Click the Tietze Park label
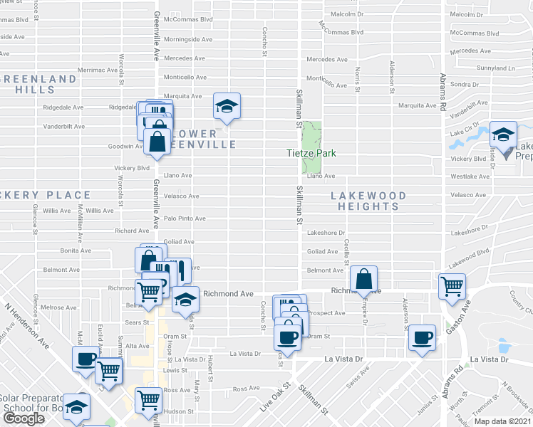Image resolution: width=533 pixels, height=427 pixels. pyautogui.click(x=311, y=153)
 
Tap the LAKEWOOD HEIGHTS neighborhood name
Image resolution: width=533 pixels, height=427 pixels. pyautogui.click(x=368, y=201)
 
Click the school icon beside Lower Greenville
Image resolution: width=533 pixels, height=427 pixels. pyautogui.click(x=227, y=107)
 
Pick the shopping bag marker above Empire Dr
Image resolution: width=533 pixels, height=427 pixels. pyautogui.click(x=363, y=279)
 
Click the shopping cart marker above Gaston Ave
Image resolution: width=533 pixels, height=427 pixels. pyautogui.click(x=452, y=287)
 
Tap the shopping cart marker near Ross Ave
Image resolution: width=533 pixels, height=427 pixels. pyautogui.click(x=148, y=399)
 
